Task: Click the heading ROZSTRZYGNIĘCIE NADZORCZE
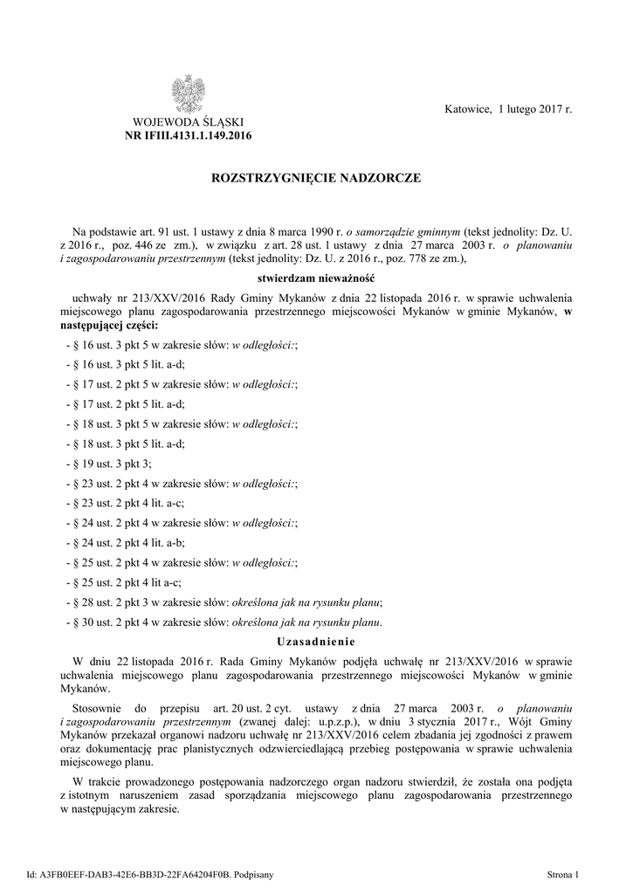point(316,178)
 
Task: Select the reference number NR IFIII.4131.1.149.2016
point(189,135)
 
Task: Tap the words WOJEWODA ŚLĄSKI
point(188,122)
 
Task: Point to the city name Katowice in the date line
point(468,110)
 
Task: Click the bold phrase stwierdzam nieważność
point(316,278)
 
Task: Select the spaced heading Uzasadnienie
point(316,642)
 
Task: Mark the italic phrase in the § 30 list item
point(305,622)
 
